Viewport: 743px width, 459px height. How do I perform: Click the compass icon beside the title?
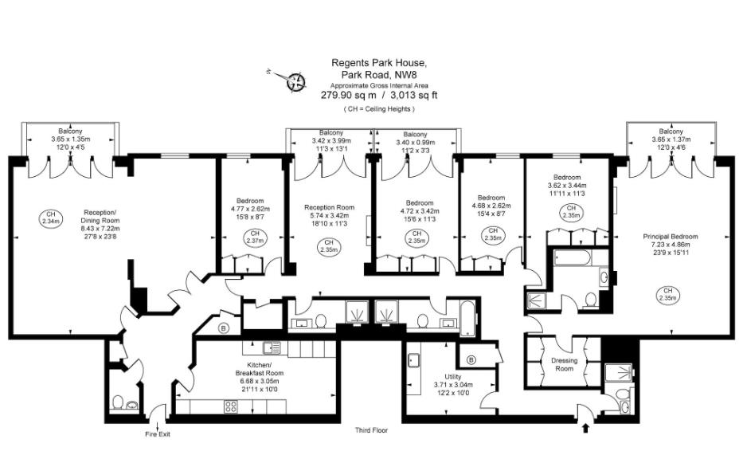296,80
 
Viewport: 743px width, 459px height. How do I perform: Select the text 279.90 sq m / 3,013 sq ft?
379,95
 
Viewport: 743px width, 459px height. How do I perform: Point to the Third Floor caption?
371,430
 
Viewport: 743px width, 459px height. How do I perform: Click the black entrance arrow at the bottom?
587,428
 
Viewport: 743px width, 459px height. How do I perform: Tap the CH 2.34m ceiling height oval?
51,218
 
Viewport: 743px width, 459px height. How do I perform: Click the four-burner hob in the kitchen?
230,406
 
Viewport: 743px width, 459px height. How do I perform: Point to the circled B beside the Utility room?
471,360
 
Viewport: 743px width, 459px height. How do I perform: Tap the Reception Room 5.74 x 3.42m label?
329,215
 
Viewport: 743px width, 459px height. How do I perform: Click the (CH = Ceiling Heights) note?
379,108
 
